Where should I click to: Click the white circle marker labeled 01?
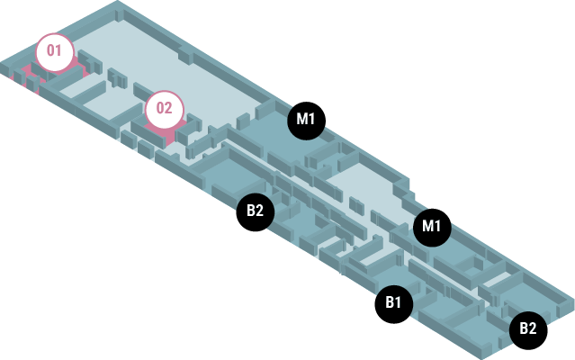point(55,51)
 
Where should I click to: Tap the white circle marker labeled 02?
point(164,109)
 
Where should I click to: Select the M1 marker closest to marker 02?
point(306,120)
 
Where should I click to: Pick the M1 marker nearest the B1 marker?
point(432,225)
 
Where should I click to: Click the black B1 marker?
point(393,303)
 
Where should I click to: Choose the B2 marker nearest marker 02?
point(255,211)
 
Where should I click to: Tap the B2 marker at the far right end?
point(527,328)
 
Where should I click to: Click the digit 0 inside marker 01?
point(50,51)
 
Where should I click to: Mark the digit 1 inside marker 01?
point(60,51)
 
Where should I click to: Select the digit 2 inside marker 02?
point(169,109)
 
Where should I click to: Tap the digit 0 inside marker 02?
point(158,109)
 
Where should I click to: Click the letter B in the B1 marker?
point(389,303)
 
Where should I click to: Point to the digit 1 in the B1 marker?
point(399,303)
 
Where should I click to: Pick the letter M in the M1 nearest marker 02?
point(301,120)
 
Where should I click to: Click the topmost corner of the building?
point(118,3)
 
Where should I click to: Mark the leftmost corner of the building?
point(2,65)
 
